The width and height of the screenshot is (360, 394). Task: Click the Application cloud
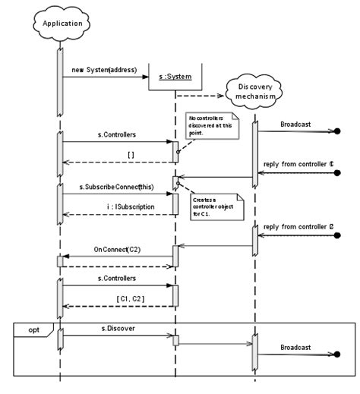[58, 23]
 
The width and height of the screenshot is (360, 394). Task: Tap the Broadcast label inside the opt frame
[296, 347]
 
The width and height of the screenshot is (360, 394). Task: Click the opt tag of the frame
[33, 329]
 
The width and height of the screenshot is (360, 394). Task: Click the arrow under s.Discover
[118, 336]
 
